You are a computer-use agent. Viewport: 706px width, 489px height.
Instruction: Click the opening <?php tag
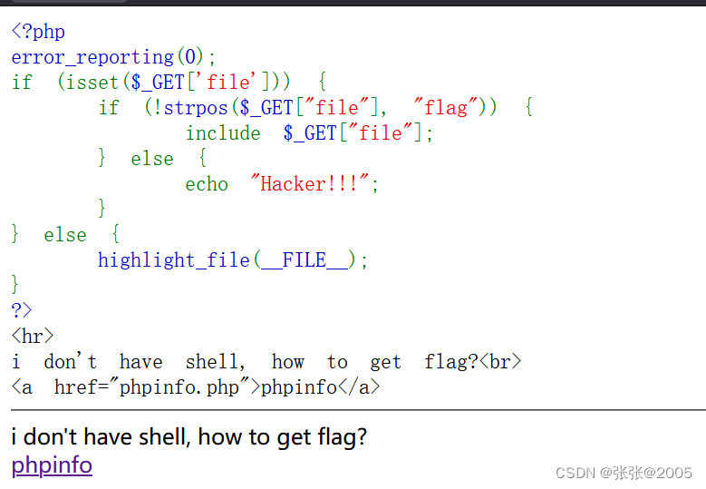(38, 32)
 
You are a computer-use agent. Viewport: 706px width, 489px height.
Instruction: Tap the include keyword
(223, 133)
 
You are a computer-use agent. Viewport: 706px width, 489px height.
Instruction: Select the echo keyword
(207, 184)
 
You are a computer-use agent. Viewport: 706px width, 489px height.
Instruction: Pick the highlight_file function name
(174, 260)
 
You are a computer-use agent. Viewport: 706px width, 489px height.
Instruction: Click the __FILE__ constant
(304, 260)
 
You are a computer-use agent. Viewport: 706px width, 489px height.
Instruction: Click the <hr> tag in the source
(33, 336)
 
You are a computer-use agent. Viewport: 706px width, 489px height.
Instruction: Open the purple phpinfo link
(52, 465)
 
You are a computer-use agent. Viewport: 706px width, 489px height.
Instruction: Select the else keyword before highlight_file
(65, 235)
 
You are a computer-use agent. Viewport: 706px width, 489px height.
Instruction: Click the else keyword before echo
(152, 159)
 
